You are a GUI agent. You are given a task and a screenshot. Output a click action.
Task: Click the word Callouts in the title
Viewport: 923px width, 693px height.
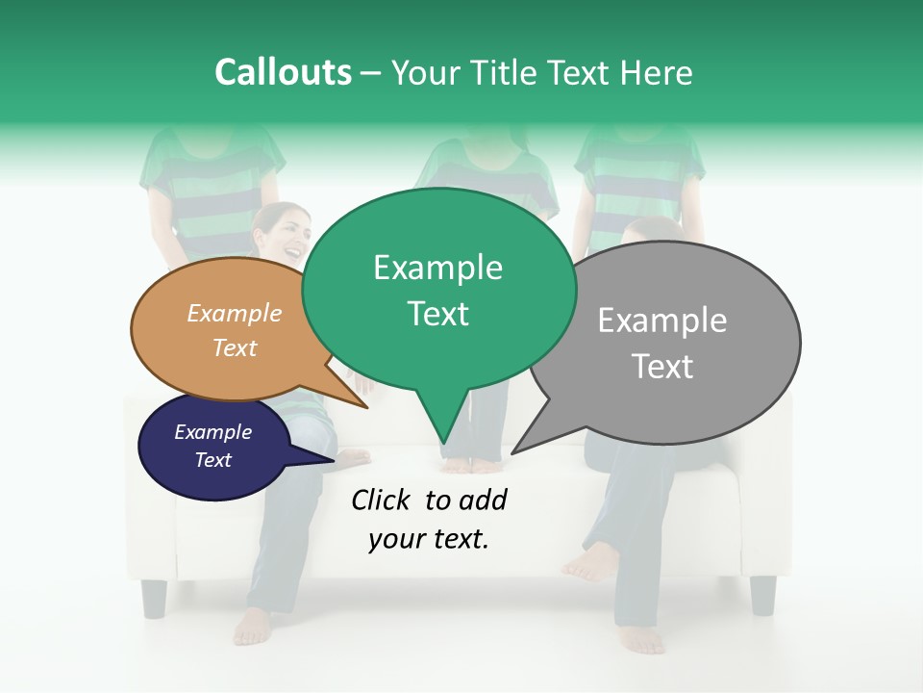click(283, 72)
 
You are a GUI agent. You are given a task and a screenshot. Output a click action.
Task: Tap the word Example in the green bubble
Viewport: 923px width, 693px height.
click(437, 268)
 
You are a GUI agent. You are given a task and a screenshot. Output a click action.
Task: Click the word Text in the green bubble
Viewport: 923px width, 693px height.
click(437, 314)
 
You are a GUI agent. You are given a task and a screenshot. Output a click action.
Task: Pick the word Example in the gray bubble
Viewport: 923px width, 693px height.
click(662, 321)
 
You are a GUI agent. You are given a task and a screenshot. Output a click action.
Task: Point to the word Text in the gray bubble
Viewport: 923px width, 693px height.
click(662, 367)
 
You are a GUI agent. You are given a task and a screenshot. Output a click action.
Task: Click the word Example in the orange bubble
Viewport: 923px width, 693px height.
click(235, 314)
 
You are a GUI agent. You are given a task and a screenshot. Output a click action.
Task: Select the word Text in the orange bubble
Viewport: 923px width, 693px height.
click(235, 347)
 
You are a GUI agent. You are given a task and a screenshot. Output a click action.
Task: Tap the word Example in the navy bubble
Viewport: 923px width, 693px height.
click(213, 432)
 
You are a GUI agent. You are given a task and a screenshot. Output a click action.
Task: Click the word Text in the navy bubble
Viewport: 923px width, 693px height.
click(213, 460)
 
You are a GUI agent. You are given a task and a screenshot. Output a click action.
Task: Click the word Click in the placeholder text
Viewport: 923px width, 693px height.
click(383, 500)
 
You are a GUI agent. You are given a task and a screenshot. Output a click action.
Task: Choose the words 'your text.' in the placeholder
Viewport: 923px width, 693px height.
click(429, 540)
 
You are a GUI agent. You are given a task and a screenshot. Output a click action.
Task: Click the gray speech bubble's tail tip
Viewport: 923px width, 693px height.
click(513, 452)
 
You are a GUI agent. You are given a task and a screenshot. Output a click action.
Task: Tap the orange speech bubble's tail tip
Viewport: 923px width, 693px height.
click(367, 408)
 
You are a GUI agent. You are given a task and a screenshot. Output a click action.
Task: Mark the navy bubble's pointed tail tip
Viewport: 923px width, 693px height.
click(334, 461)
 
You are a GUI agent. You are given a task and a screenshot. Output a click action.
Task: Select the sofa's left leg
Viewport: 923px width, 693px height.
click(154, 598)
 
